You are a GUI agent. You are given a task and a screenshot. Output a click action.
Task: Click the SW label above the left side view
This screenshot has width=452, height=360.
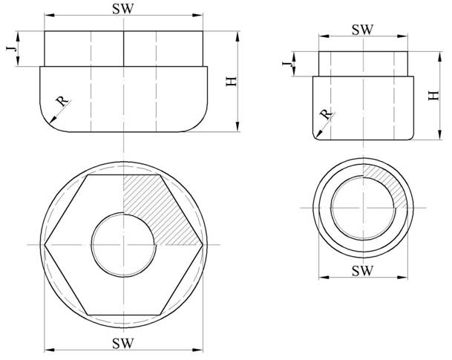pos(123,9)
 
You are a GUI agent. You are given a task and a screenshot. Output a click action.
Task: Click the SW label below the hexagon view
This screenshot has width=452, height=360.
pos(123,343)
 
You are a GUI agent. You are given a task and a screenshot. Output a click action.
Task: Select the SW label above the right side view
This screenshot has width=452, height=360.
pos(363,30)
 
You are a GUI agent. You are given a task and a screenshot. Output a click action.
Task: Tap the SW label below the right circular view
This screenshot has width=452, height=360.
pos(363,271)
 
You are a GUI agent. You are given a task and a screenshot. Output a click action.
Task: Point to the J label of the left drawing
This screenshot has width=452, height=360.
pos(11,48)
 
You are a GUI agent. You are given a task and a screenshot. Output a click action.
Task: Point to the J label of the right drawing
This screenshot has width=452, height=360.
pos(287,64)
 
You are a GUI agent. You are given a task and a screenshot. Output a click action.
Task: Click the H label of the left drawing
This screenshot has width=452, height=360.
pos(231,82)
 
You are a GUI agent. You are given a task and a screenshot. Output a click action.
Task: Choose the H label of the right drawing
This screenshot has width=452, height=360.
pos(433,96)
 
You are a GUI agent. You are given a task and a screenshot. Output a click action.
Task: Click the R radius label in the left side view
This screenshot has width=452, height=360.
pos(62,102)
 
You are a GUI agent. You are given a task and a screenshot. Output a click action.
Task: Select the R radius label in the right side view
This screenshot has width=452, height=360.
pos(326,114)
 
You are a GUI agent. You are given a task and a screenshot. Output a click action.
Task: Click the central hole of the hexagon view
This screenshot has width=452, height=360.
pos(124,245)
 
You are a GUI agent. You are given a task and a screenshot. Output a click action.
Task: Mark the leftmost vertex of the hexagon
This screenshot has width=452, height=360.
pos(45,245)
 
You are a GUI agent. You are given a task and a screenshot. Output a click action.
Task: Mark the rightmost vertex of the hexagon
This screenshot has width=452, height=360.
pos(203,245)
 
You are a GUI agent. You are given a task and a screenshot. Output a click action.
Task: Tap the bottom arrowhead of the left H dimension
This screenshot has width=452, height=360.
pos(238,126)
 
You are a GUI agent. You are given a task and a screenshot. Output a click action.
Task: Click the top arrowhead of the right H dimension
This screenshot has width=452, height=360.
pos(439,56)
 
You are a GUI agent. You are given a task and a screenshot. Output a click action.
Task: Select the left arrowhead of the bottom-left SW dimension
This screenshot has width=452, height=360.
pos(50,350)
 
